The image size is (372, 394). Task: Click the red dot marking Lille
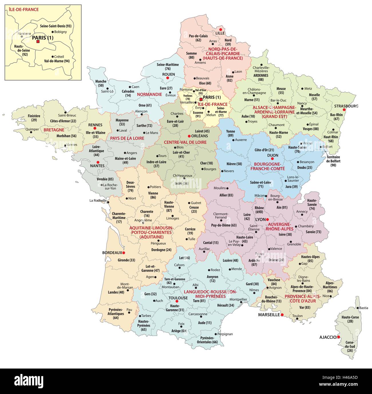pos(220,29)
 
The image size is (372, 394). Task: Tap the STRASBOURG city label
pos(346,106)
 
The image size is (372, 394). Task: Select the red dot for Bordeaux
pos(124,253)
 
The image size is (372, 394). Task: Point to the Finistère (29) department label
pos(34,118)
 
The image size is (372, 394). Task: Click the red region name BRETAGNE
pos(54,130)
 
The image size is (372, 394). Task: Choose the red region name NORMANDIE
pos(149,94)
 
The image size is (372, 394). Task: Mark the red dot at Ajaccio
pos(338,337)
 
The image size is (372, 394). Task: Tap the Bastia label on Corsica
pos(363,308)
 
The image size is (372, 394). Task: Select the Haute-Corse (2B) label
pos(350,319)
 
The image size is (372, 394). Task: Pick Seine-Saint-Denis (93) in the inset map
pos(56,26)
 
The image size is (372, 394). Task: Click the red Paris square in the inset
pos(38,42)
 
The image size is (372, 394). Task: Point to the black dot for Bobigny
pos(52,32)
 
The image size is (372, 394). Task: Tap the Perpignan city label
pos(225,334)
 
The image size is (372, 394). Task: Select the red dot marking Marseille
pos(282,315)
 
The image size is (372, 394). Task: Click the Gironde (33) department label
pos(126,260)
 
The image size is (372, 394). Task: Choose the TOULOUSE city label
pos(178,298)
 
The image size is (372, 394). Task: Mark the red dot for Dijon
pos(272,159)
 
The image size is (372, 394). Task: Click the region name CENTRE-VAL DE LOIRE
pos(185,142)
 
